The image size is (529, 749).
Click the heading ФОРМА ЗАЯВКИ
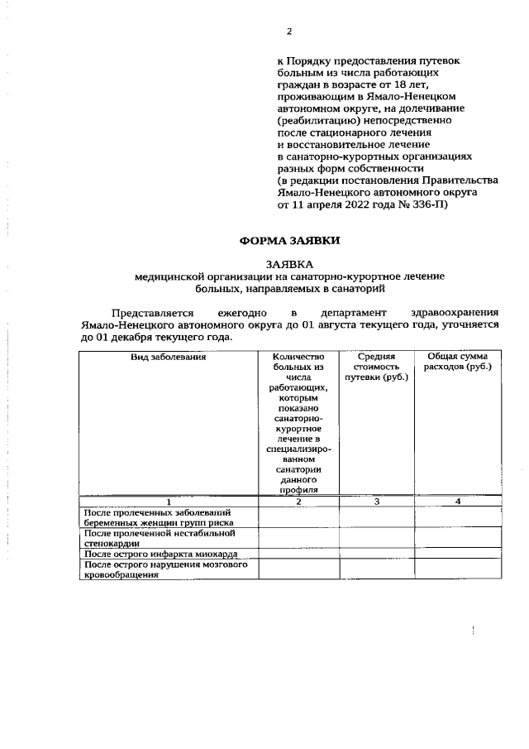coord(289,241)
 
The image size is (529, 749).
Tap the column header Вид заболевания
coord(168,357)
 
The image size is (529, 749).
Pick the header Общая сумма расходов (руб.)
coord(457,362)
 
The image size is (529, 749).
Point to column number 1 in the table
coord(168,502)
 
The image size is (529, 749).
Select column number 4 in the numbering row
coord(457,502)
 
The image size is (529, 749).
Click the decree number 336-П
coord(427,206)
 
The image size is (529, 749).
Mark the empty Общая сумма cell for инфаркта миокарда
coord(457,553)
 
